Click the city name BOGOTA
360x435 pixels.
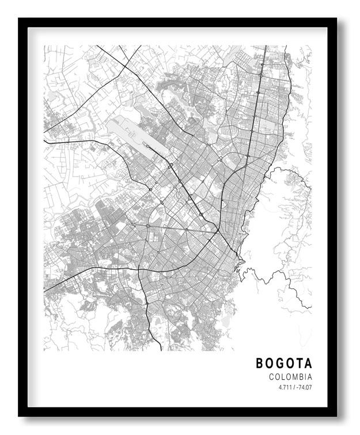[284, 363]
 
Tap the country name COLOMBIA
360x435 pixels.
[290, 377]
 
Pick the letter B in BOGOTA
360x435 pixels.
[260, 363]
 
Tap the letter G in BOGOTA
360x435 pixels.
[279, 363]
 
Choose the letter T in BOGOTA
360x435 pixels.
[298, 363]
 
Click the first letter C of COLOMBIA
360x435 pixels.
[271, 377]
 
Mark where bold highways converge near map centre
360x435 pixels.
[218, 231]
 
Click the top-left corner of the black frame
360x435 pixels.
[20, 19]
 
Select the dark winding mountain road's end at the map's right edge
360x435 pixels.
[311, 308]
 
